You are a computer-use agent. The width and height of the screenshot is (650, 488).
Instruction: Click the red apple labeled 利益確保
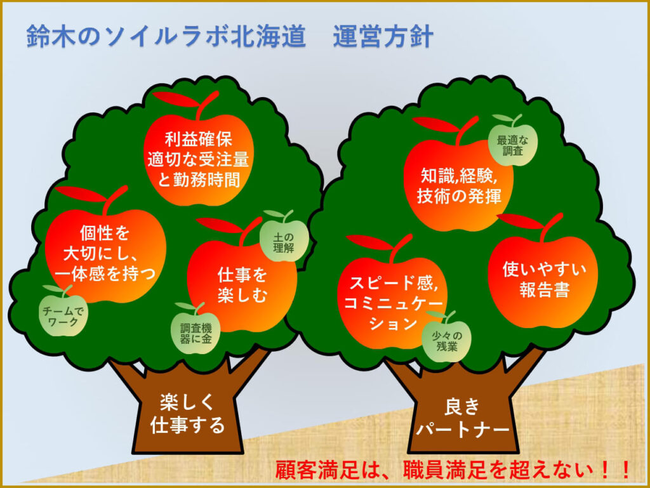199,159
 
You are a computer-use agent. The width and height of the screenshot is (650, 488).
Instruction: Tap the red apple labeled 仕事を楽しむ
242,286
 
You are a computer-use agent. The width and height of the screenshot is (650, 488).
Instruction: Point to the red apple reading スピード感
392,303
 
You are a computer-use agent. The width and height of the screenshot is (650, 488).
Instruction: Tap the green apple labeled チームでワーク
63,315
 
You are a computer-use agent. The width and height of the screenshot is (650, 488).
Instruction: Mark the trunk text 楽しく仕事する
187,414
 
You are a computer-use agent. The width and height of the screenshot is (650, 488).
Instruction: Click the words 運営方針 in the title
383,36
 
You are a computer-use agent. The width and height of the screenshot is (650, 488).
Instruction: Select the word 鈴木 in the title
51,36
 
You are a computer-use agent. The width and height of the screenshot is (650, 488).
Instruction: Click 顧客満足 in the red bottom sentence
317,470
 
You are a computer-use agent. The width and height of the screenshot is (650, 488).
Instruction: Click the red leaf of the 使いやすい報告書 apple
521,221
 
